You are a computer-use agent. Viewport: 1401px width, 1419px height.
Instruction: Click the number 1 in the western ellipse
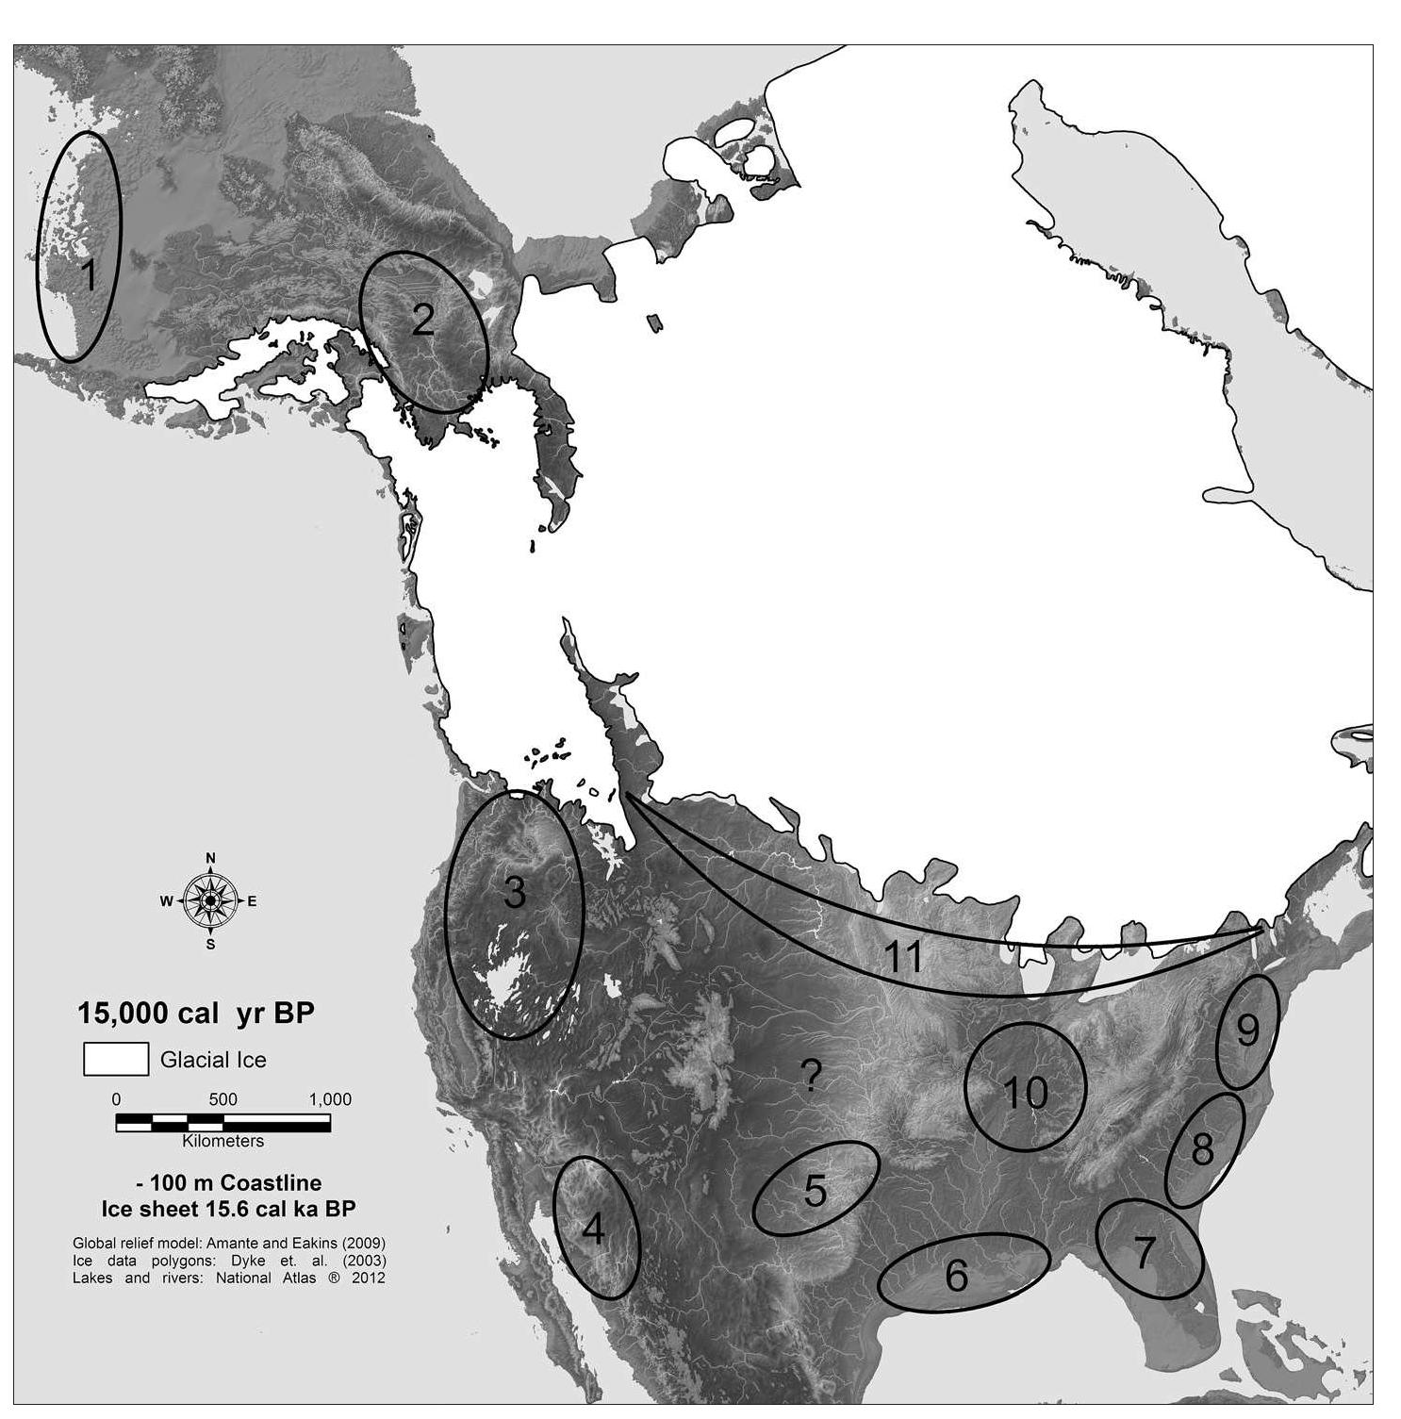pos(89,276)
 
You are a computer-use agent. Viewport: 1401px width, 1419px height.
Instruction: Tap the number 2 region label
pos(422,321)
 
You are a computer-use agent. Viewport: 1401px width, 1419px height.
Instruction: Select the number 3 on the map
pos(514,892)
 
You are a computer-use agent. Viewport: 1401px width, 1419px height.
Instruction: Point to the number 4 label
pos(593,1229)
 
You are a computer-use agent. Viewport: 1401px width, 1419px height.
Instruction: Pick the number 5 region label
pos(816,1191)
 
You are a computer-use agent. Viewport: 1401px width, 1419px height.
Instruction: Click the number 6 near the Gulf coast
pos(956,1276)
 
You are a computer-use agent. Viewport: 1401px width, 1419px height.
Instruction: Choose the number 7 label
pos(1143,1253)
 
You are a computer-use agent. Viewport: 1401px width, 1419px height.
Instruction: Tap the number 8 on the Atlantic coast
pos(1202,1149)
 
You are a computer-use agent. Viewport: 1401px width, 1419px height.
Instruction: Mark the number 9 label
pos(1246,1031)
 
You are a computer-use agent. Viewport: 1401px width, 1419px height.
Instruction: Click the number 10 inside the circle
pos(1025,1092)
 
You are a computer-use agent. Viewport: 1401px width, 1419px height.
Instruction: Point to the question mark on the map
pos(811,1075)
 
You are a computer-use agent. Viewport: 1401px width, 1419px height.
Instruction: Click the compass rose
pos(210,901)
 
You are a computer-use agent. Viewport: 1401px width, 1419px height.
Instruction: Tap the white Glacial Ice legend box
pos(116,1059)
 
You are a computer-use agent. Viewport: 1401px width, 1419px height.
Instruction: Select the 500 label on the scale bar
pos(223,1099)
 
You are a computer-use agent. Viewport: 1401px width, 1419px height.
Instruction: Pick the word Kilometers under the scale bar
pos(223,1141)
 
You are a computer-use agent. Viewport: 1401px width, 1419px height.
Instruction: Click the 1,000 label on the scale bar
pos(330,1099)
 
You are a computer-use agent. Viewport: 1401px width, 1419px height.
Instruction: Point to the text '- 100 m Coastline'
pos(229,1183)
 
